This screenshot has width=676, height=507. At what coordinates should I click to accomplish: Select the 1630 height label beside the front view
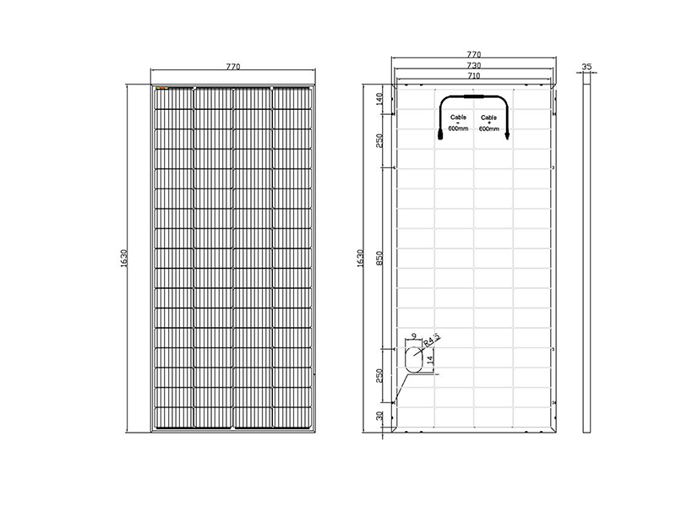124,258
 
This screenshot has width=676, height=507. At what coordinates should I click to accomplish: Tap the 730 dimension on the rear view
472,65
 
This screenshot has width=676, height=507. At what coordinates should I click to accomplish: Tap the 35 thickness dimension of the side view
587,65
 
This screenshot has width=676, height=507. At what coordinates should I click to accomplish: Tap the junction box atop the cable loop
473,99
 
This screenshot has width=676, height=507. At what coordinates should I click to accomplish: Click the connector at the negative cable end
439,134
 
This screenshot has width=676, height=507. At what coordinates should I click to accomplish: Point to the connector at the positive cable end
507,134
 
